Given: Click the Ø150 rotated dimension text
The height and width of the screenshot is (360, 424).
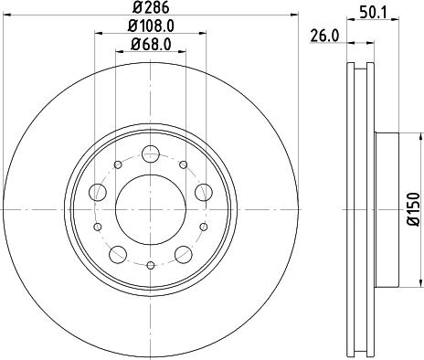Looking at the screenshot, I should pyautogui.click(x=412, y=208).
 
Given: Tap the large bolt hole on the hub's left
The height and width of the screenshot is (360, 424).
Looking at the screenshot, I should pyautogui.click(x=99, y=190).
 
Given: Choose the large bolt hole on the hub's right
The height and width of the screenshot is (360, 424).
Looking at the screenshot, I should pyautogui.click(x=203, y=190).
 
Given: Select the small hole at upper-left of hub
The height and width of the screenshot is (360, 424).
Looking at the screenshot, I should pyautogui.click(x=117, y=164).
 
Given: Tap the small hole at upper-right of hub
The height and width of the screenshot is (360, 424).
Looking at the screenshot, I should pyautogui.click(x=184, y=164).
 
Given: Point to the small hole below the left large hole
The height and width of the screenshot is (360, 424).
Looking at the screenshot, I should pyautogui.click(x=98, y=224).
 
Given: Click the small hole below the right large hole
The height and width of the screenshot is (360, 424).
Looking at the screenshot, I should pyautogui.click(x=203, y=224).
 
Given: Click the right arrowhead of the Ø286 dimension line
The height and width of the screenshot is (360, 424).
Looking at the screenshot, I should pyautogui.click(x=294, y=16).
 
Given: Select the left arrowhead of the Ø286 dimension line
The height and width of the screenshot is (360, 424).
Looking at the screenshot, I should pyautogui.click(x=6, y=16).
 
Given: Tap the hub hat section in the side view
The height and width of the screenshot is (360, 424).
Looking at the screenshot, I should pyautogui.click(x=388, y=208).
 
